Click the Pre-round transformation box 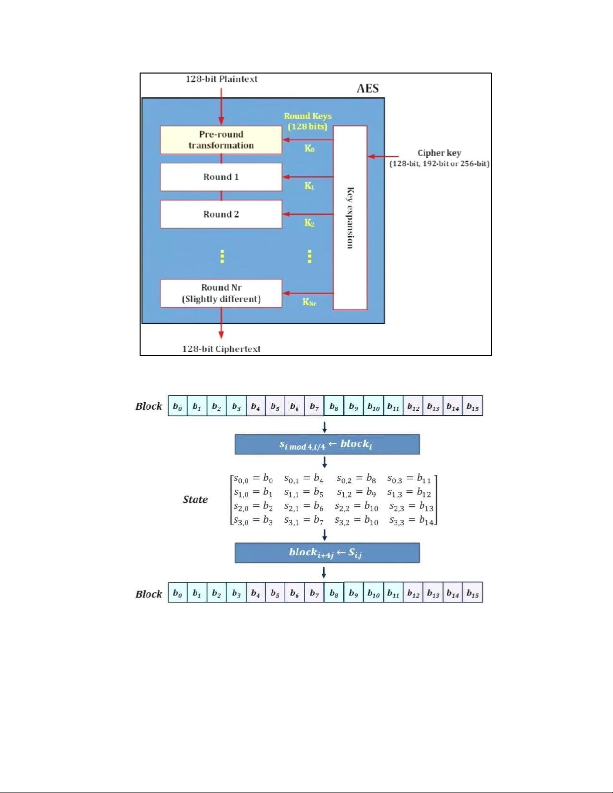coord(221,140)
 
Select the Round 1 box coord(221,177)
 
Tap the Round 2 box coord(221,214)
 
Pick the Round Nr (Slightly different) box coord(221,293)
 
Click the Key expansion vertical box coord(350,218)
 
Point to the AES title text coord(367,89)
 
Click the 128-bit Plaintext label coord(221,79)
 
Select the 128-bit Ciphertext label coord(221,349)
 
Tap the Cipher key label coord(439,153)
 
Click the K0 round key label coord(309,148)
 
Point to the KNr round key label coord(309,302)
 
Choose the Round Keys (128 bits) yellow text coord(307,121)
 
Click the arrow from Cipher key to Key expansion coord(383,157)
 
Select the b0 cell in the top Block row coord(178,406)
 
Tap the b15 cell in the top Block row coord(472,406)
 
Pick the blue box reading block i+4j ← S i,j coord(327,553)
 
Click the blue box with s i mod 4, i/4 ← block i coord(327,444)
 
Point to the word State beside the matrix coord(195,499)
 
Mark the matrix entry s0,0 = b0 coord(253,479)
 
